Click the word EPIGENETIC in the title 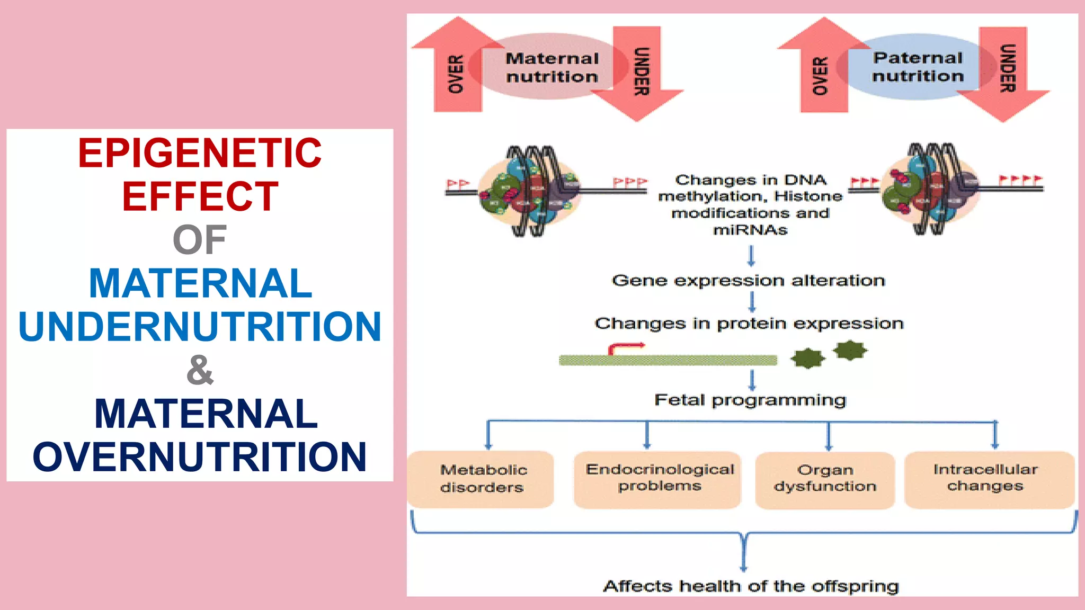tap(200, 153)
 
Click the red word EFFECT tap(200, 196)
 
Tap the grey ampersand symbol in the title tap(200, 370)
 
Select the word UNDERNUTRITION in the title tap(200, 326)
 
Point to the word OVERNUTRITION tap(200, 456)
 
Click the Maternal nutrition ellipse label tap(552, 67)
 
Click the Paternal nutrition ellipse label tap(918, 67)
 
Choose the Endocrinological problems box tap(659, 479)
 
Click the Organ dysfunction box tap(825, 479)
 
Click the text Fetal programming tap(750, 400)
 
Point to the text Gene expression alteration tap(748, 280)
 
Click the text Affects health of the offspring tap(750, 586)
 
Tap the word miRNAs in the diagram tap(750, 230)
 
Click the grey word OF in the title tap(200, 240)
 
